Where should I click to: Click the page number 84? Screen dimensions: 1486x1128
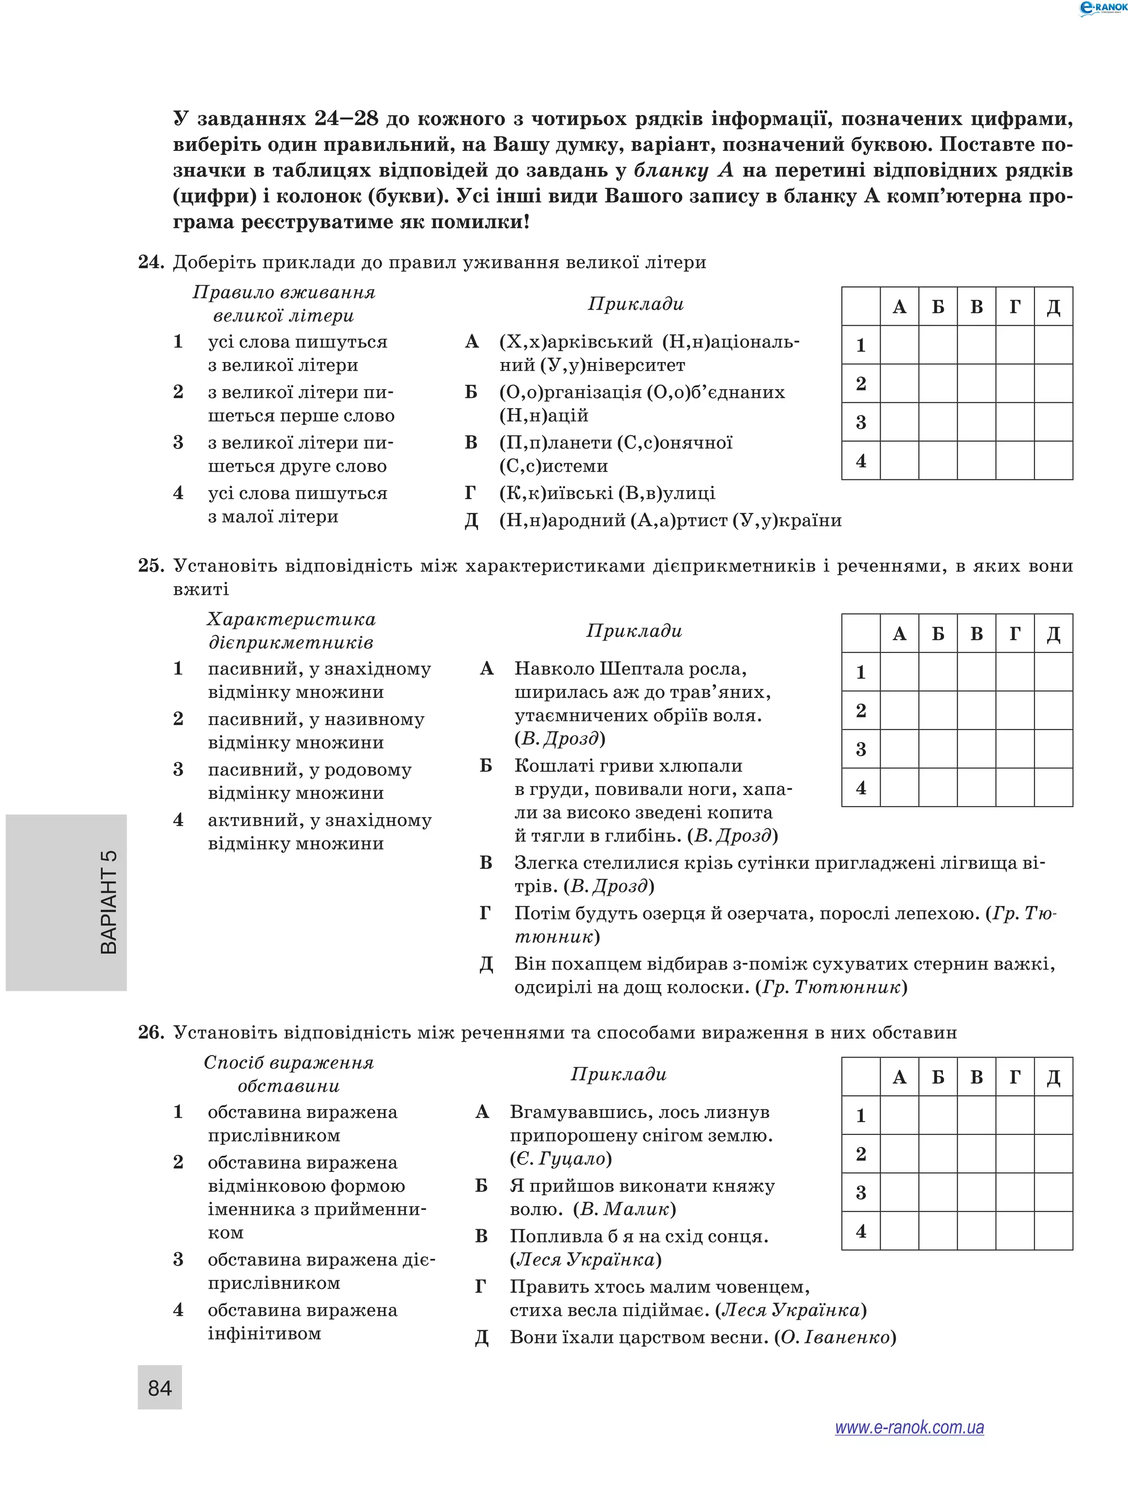[x=159, y=1387]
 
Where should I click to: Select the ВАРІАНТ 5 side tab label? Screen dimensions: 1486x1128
[x=108, y=901]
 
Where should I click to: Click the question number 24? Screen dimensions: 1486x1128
[x=151, y=262]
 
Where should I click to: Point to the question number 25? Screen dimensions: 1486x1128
[x=151, y=566]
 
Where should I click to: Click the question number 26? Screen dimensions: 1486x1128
[x=151, y=1033]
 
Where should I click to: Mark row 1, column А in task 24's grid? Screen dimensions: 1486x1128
[x=899, y=345]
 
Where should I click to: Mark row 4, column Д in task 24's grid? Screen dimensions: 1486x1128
[x=1053, y=461]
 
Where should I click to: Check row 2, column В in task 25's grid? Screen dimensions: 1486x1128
[x=976, y=711]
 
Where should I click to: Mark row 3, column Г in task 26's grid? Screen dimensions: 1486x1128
[x=1015, y=1192]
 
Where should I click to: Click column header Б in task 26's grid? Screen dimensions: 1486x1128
[x=938, y=1078]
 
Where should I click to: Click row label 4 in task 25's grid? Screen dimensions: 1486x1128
[x=861, y=787]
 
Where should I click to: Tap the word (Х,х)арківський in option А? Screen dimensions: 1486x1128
[x=576, y=342]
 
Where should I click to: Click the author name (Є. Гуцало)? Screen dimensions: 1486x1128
[x=561, y=1159]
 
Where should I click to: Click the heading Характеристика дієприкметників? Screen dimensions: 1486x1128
[x=291, y=631]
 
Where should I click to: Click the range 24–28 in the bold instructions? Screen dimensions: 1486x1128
[x=346, y=119]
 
